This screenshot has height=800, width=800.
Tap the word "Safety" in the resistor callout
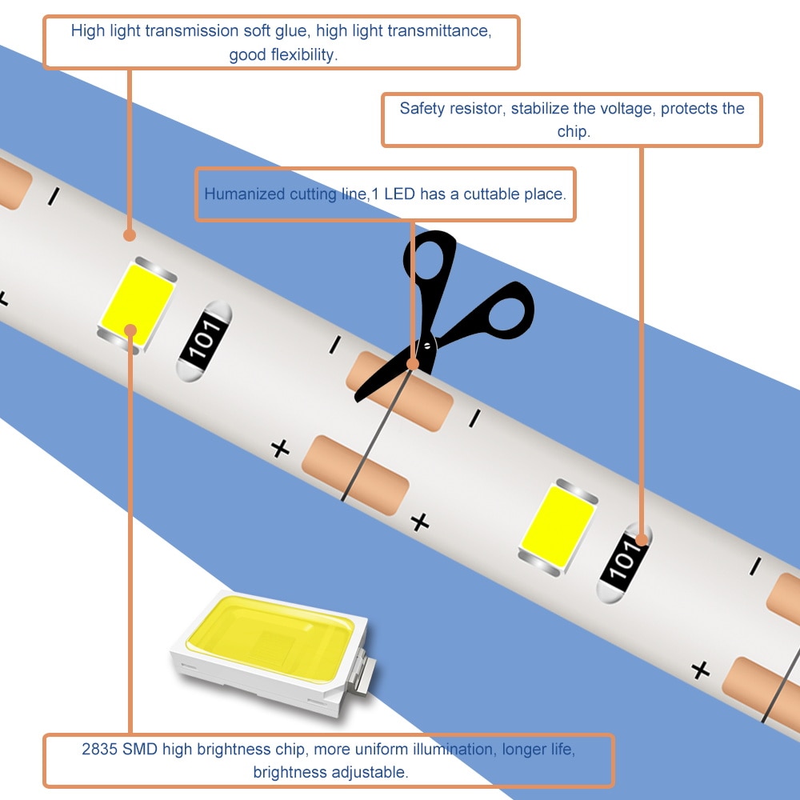(x=421, y=109)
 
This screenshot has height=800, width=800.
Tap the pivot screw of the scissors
(x=427, y=346)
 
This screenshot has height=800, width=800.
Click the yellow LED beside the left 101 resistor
(x=138, y=305)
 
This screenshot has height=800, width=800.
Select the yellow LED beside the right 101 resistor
(x=558, y=527)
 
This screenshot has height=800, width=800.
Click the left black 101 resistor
(x=204, y=340)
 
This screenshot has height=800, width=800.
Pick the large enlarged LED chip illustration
(x=273, y=653)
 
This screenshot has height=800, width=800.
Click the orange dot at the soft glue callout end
(x=130, y=235)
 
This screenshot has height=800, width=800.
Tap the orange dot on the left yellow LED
(x=130, y=330)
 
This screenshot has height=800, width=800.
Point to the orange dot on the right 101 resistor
(x=642, y=539)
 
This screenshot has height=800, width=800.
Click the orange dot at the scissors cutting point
(x=413, y=364)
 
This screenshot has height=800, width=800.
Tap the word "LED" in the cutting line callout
(x=399, y=194)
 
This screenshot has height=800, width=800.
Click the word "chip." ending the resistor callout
(x=574, y=132)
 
